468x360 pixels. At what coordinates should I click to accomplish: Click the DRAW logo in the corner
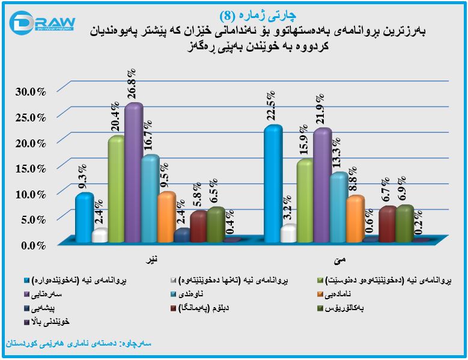pos(41,23)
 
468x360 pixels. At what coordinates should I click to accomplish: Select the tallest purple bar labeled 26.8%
pos(133,174)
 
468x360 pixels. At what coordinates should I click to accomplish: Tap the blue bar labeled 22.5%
pos(273,183)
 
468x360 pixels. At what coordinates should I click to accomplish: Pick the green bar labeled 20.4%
pos(117,189)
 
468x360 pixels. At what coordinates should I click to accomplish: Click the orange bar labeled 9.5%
pos(166,216)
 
